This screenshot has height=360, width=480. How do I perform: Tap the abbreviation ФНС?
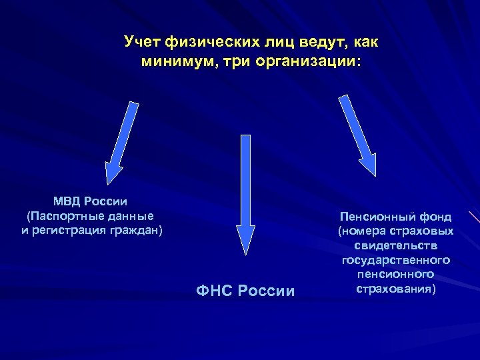[213, 291]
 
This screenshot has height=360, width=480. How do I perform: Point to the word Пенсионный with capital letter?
[377, 217]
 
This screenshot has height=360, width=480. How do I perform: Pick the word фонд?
[437, 217]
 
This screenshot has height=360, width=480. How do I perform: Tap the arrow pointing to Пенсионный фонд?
[357, 135]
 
